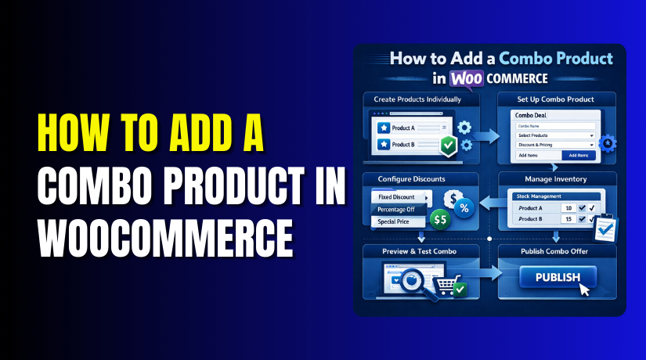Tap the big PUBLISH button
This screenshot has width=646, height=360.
(558, 278)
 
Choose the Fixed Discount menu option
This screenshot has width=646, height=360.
(395, 198)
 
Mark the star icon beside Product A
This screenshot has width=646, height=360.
(382, 127)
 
